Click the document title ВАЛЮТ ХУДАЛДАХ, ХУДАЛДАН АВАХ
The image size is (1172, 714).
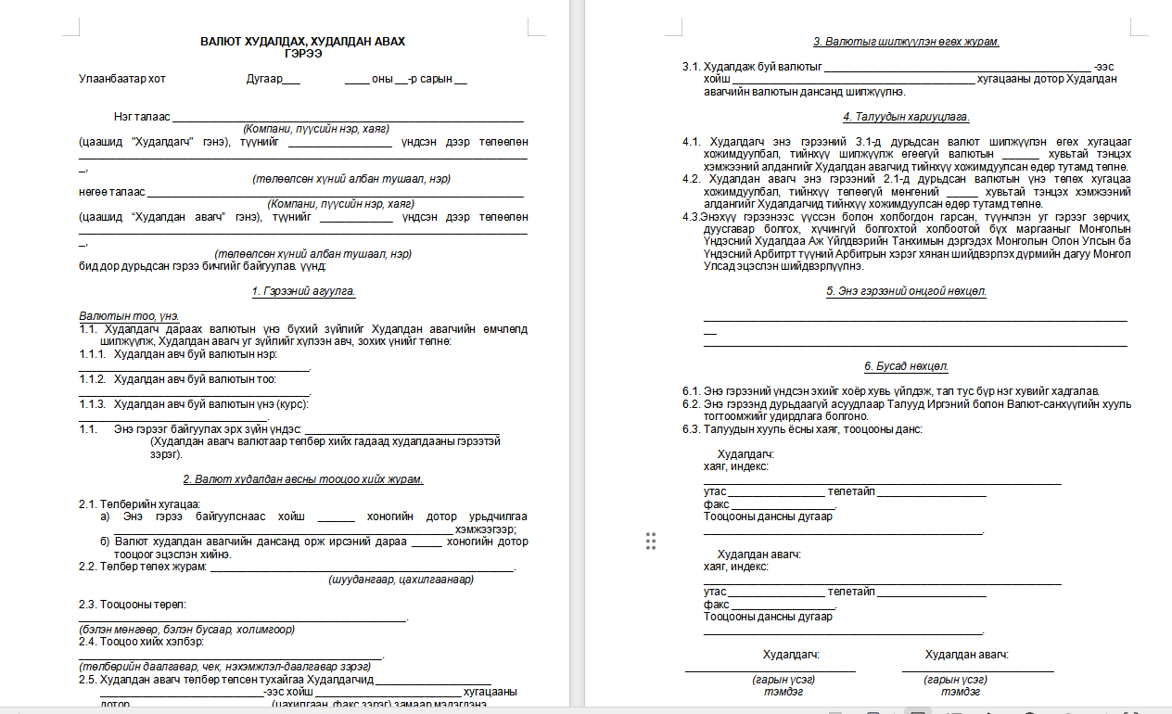click(303, 42)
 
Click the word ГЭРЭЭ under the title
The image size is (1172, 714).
click(303, 54)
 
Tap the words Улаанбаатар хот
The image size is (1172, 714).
click(122, 79)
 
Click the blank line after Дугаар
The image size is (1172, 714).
click(291, 82)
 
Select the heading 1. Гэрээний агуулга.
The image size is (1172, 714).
click(303, 291)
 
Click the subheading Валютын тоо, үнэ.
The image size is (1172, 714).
click(129, 316)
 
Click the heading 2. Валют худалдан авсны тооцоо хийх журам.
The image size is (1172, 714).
click(303, 479)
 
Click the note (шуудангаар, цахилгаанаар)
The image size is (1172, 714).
click(401, 580)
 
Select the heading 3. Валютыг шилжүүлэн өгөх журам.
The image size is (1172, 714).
click(906, 42)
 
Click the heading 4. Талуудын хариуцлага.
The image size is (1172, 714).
click(906, 117)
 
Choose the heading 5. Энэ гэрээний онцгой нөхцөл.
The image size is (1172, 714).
click(906, 291)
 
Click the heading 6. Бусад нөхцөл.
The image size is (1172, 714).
click(906, 366)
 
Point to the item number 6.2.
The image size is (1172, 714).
click(691, 403)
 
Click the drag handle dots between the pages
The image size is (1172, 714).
click(650, 542)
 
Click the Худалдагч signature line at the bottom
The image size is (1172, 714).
click(770, 669)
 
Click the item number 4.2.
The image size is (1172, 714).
click(691, 179)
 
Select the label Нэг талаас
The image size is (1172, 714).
click(142, 118)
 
